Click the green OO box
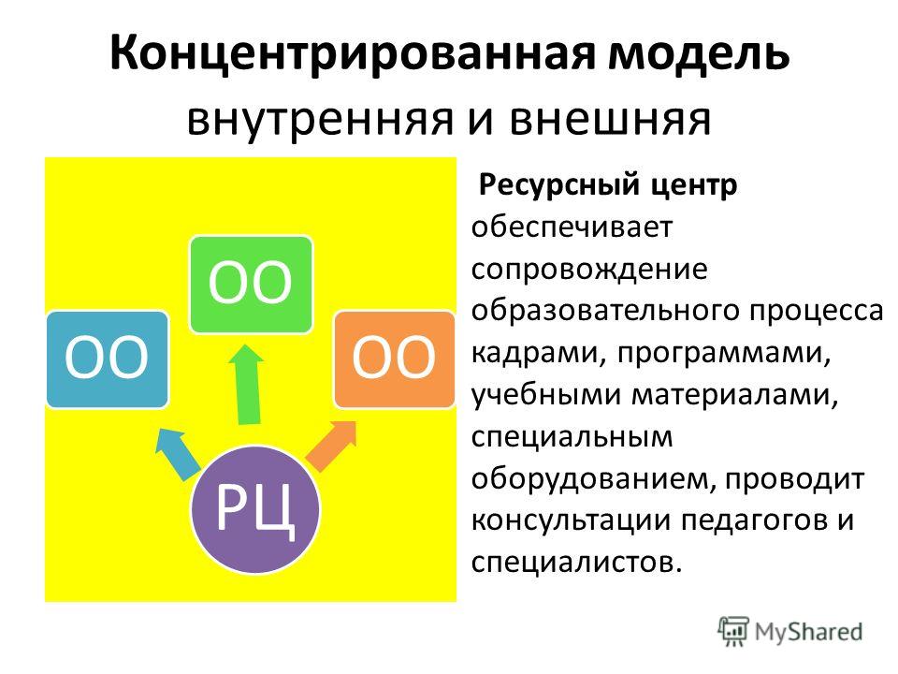click(x=251, y=285)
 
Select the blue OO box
click(x=107, y=359)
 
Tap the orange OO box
click(x=394, y=359)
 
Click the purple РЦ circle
click(x=254, y=509)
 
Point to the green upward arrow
click(x=247, y=385)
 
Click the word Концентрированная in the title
click(x=353, y=52)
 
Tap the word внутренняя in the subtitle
click(x=321, y=120)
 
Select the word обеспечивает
click(x=572, y=227)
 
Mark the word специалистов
click(x=577, y=563)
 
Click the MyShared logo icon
click(x=733, y=631)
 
